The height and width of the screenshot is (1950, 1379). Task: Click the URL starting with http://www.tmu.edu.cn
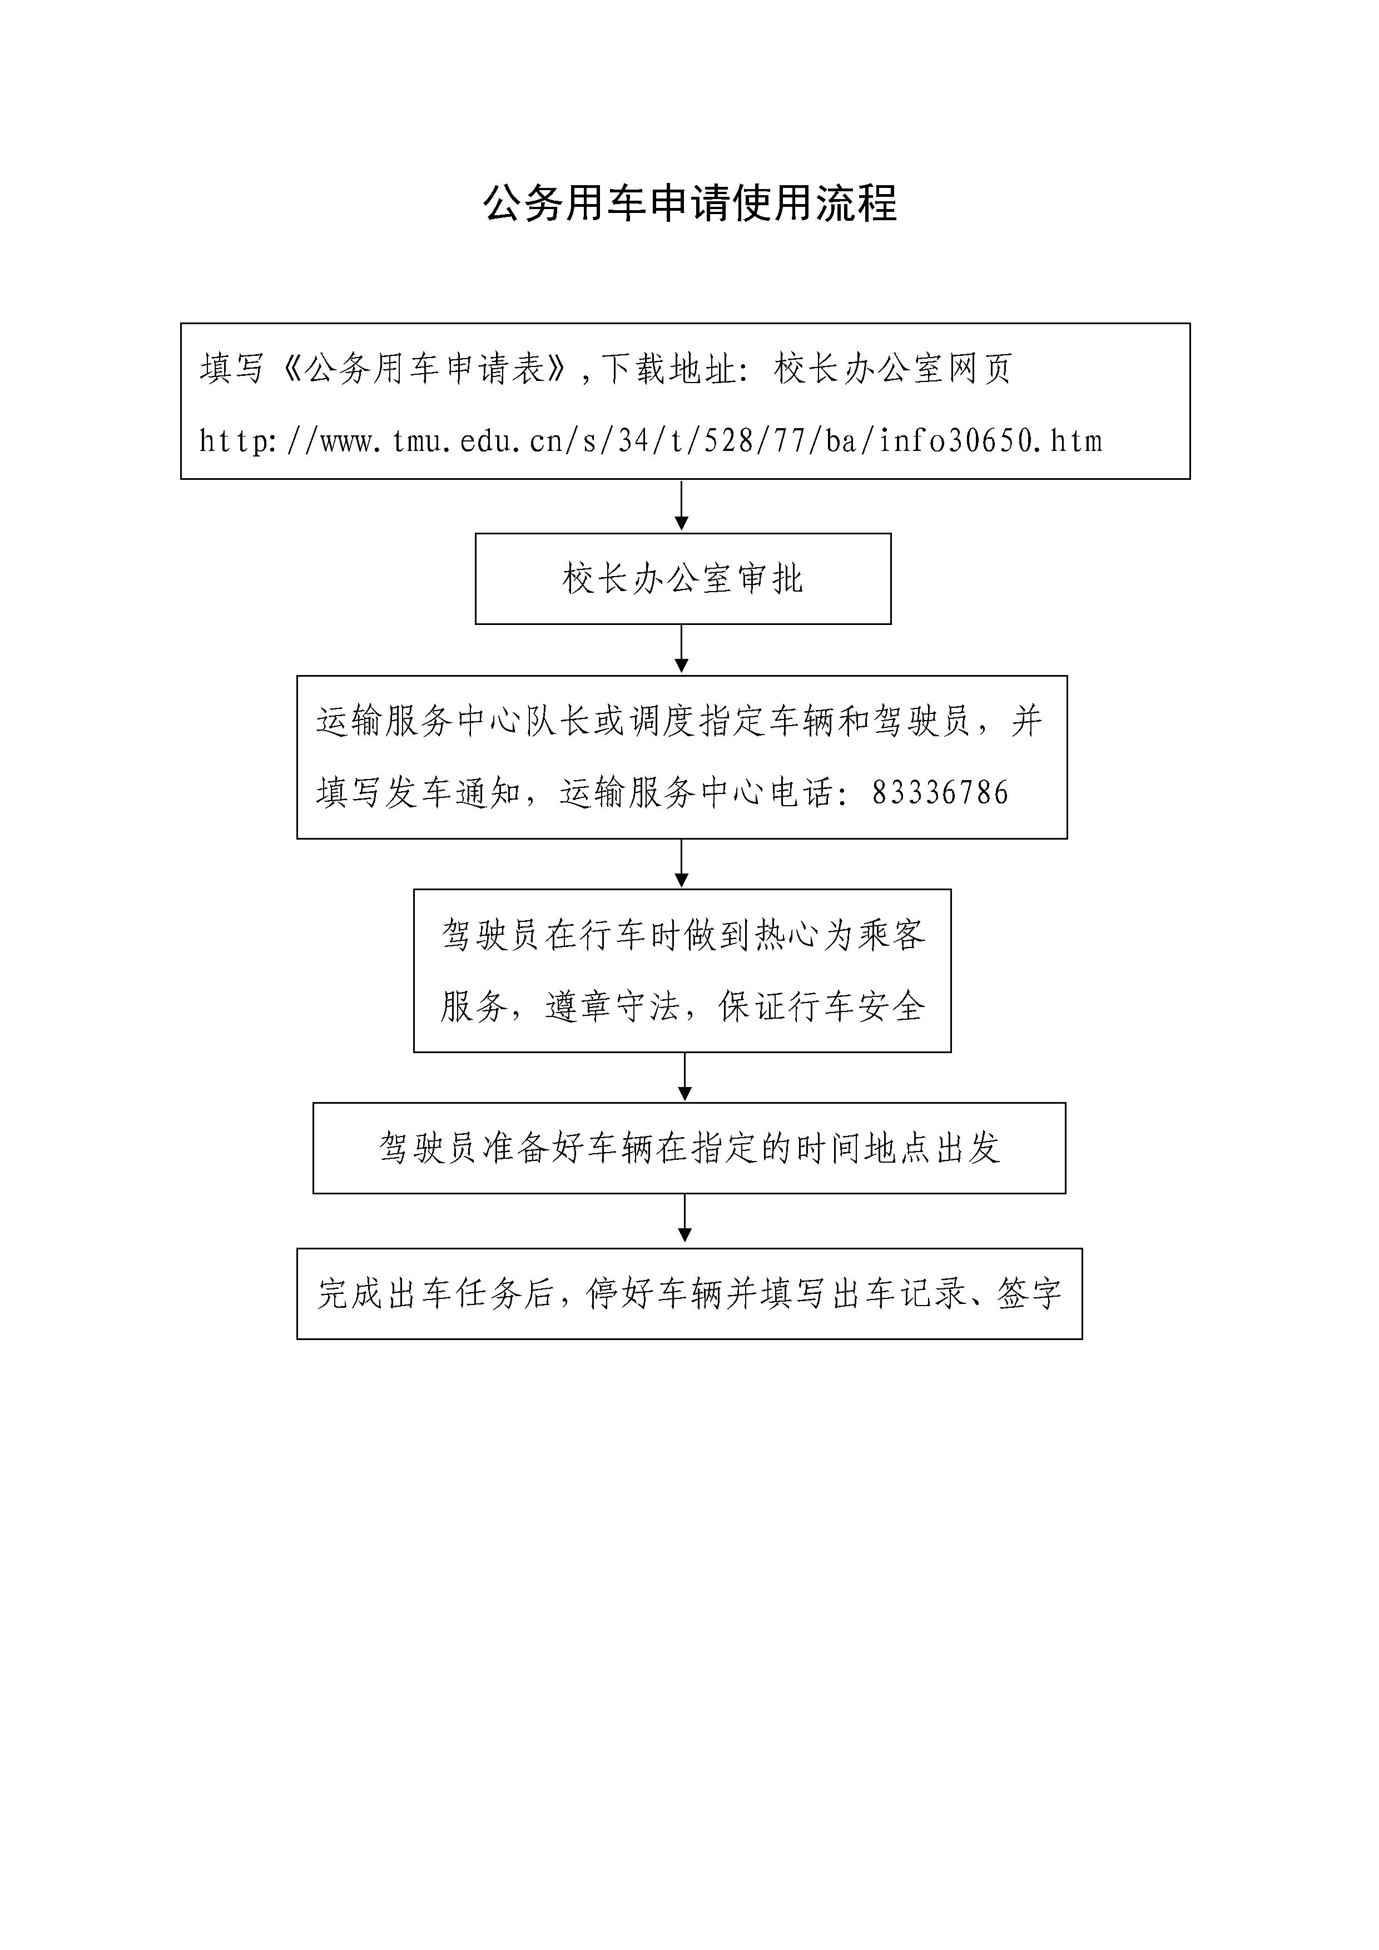coord(651,441)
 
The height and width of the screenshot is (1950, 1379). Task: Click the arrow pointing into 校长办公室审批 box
coord(681,506)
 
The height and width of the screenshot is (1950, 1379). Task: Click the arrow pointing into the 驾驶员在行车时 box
coord(681,864)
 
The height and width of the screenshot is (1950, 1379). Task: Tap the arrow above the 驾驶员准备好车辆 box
coord(685,1077)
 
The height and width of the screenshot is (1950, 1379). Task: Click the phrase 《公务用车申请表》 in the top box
coord(423,369)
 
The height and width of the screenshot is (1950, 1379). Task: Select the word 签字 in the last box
coord(1029,1293)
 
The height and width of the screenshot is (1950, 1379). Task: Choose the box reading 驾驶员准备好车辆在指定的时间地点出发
coord(688,1148)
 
